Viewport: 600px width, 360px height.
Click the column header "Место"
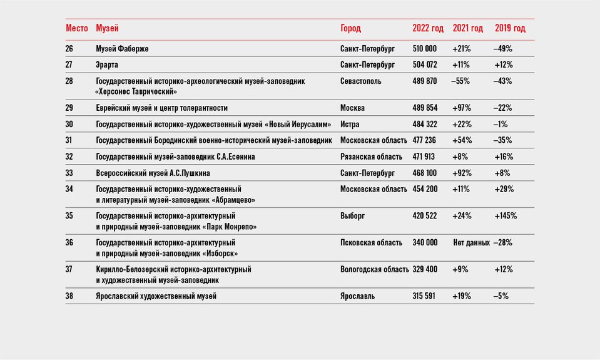[x=77, y=28]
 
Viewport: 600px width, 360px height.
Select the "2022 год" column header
[x=428, y=28]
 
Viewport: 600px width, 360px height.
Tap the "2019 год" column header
[x=510, y=28]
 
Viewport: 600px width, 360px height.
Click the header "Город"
[x=350, y=28]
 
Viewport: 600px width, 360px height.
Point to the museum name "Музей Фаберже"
[x=122, y=49]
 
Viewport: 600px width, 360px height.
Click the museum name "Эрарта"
[x=107, y=64]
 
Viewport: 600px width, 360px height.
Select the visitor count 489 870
[x=424, y=81]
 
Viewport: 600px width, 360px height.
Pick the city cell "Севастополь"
[x=360, y=81]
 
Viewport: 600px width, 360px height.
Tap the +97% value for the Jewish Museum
[x=462, y=108]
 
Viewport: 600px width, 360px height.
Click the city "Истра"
[x=350, y=124]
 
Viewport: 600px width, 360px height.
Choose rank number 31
[x=69, y=140]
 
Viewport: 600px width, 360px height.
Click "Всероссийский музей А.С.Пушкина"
[x=153, y=173]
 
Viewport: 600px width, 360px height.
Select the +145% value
[x=506, y=215]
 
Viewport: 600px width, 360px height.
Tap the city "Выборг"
[x=352, y=216]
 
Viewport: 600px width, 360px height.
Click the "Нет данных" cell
[x=472, y=242]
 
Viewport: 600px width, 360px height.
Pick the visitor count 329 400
[x=425, y=269]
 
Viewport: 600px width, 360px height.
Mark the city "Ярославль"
[x=357, y=296]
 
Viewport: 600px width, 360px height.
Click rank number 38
[x=69, y=296]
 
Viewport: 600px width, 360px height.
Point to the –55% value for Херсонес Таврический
[x=460, y=81]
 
